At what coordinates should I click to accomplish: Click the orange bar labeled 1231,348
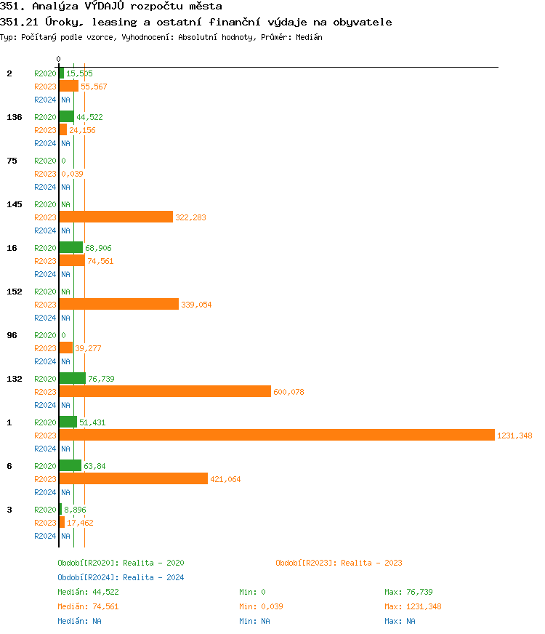(x=276, y=435)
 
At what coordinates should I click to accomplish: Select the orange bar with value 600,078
(x=165, y=391)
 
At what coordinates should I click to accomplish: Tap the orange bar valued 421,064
(x=134, y=478)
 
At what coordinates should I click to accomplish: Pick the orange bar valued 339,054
(x=118, y=304)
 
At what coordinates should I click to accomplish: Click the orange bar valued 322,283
(x=116, y=217)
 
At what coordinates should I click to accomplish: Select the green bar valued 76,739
(x=73, y=378)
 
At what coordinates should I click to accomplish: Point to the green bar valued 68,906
(x=71, y=247)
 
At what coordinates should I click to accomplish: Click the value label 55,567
(x=94, y=87)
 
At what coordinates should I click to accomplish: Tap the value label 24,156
(x=82, y=130)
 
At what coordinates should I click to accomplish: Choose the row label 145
(x=15, y=204)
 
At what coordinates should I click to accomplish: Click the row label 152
(x=15, y=292)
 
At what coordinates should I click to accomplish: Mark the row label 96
(x=12, y=335)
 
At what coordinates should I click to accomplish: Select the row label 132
(x=15, y=379)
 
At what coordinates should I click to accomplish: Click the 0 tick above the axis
(x=59, y=59)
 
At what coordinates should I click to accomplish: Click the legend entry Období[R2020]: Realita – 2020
(x=121, y=563)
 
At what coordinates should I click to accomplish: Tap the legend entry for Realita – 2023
(x=339, y=563)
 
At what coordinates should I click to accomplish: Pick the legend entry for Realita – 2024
(x=121, y=577)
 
